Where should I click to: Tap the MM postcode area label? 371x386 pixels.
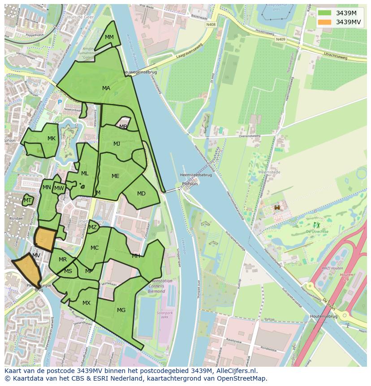(x=109, y=37)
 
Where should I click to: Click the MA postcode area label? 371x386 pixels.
(x=106, y=88)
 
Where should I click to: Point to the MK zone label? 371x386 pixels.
(x=52, y=139)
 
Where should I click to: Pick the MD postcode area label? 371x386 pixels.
(x=141, y=194)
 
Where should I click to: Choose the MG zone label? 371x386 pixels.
(x=121, y=310)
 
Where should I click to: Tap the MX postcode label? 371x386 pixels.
(x=86, y=303)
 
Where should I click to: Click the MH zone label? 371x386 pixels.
(x=136, y=256)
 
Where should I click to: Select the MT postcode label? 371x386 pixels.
(x=28, y=200)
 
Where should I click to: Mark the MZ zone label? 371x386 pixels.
(x=93, y=227)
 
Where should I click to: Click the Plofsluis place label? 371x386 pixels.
(x=190, y=184)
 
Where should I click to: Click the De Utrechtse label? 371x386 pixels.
(x=317, y=231)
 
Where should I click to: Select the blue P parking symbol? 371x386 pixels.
(x=60, y=102)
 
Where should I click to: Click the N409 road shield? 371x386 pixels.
(x=281, y=39)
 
